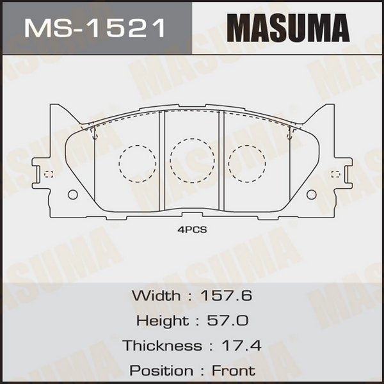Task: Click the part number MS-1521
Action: click(x=95, y=28)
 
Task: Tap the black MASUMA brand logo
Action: click(x=288, y=28)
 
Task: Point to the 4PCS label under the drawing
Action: click(x=192, y=230)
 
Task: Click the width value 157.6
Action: click(x=226, y=295)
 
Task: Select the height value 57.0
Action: click(x=228, y=321)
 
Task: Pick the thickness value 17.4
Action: click(x=241, y=346)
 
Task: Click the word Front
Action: click(x=234, y=371)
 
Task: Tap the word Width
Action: click(x=156, y=295)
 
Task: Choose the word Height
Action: click(x=163, y=321)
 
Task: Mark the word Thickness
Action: click(x=163, y=346)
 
